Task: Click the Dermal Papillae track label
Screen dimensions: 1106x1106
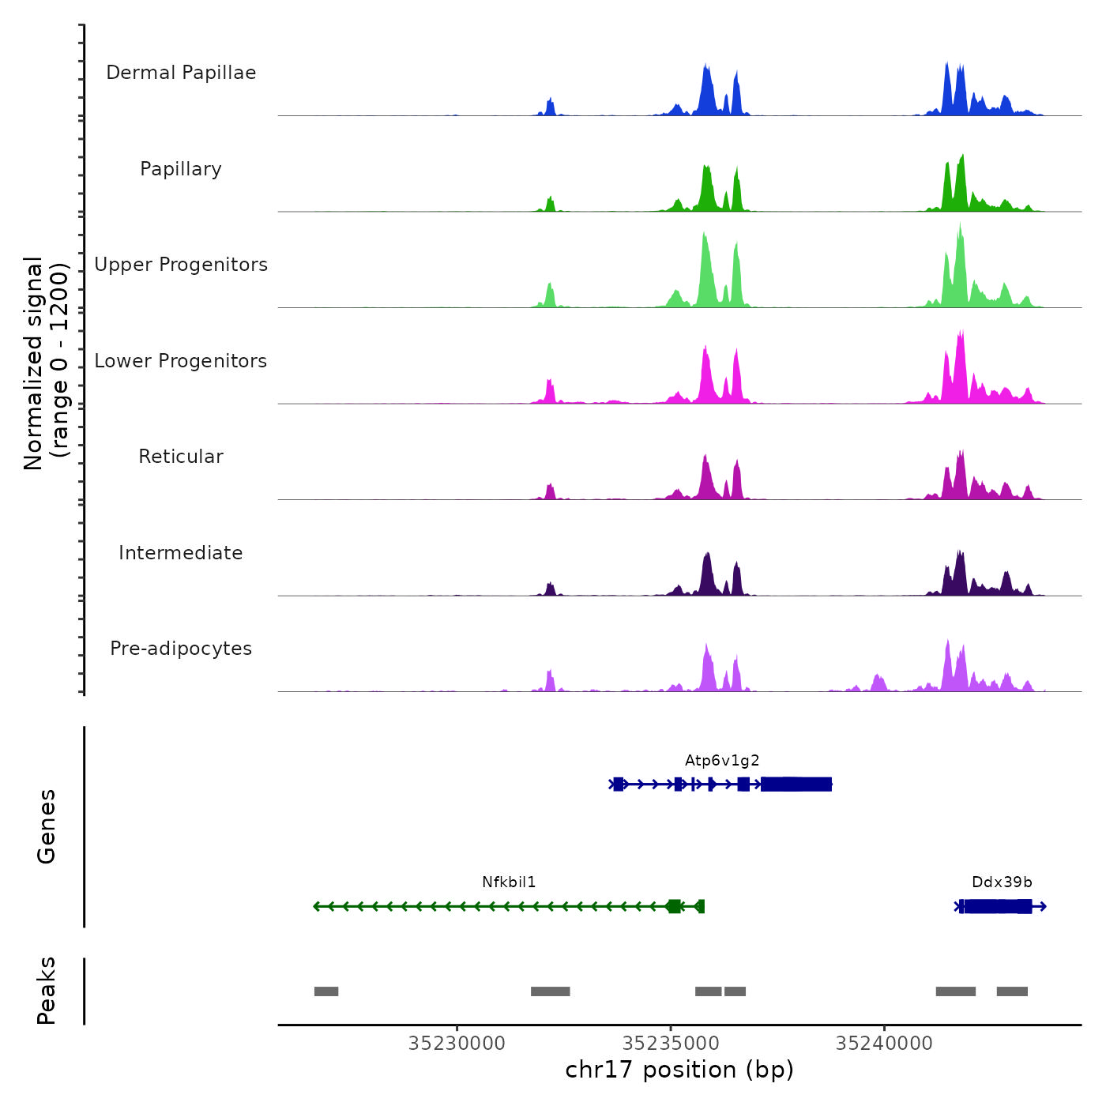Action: [x=181, y=73]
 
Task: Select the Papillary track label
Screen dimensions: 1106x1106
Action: [x=181, y=169]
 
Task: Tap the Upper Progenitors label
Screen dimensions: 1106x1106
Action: [x=181, y=265]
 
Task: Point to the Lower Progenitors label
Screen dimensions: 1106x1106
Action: [x=181, y=361]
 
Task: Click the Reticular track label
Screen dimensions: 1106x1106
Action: [x=181, y=457]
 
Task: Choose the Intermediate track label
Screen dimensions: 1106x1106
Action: [x=181, y=553]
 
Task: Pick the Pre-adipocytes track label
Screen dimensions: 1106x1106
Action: [x=181, y=649]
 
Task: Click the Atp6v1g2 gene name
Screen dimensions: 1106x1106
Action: [x=722, y=761]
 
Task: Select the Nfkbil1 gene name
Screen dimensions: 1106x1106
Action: [x=509, y=882]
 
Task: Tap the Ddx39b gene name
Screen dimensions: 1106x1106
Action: [x=1002, y=882]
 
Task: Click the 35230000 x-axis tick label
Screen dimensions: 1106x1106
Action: [x=457, y=1044]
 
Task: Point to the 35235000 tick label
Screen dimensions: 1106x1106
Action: [x=671, y=1044]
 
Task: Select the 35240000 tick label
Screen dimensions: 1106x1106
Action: [x=884, y=1044]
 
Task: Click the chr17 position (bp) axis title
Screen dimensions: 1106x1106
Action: [x=679, y=1070]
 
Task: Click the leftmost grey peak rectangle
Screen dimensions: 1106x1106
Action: [x=326, y=991]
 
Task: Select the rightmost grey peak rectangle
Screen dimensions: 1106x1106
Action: [x=1012, y=991]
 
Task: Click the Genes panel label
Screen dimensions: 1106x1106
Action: [x=47, y=826]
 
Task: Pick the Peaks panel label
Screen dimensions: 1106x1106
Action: [x=47, y=991]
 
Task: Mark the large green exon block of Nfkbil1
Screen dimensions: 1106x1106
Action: [x=674, y=906]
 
